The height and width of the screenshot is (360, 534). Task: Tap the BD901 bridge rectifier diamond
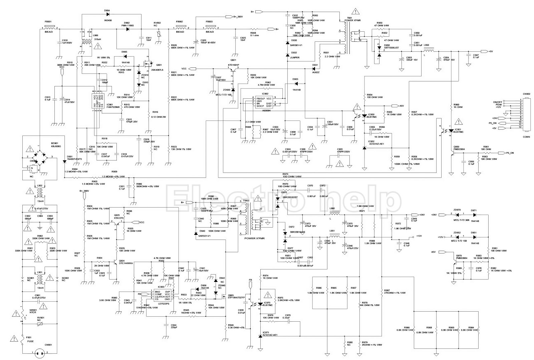pos(40,157)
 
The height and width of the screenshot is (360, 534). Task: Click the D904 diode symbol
pos(107,15)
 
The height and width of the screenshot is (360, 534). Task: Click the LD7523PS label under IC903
pos(163,304)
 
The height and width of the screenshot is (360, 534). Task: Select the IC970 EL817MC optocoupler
pos(262,304)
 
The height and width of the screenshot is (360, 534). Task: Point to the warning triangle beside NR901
pos(16,314)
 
